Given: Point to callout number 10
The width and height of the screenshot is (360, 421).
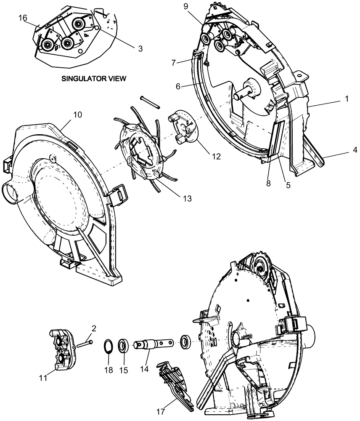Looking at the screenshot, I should (66, 115).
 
